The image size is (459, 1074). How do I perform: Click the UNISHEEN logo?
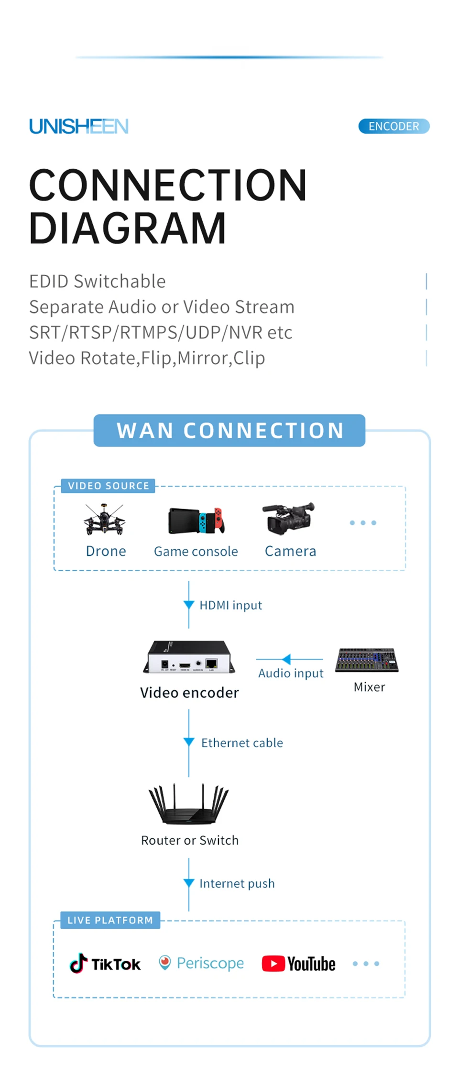click(79, 126)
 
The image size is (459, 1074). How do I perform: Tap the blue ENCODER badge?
click(394, 126)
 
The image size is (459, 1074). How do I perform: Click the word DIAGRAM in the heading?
click(128, 228)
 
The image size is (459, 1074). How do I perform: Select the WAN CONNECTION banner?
click(229, 431)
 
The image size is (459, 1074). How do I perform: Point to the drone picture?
click(104, 520)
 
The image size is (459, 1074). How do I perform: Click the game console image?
click(197, 521)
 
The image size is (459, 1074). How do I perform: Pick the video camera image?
click(289, 518)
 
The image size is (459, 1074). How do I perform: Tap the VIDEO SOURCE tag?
click(109, 486)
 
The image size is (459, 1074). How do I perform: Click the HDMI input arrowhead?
click(189, 605)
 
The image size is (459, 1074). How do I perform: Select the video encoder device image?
click(189, 657)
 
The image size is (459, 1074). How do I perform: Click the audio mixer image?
click(367, 660)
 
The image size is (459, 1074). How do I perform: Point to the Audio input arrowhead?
click(286, 660)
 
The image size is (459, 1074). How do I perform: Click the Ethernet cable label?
click(242, 743)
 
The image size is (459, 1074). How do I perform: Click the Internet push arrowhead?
click(189, 883)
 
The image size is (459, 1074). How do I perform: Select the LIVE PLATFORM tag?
click(110, 920)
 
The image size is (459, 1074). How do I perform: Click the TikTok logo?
click(105, 964)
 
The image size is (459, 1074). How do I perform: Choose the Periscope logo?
click(201, 963)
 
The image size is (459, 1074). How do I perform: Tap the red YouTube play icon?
click(273, 964)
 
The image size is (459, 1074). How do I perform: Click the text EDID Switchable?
click(98, 281)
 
